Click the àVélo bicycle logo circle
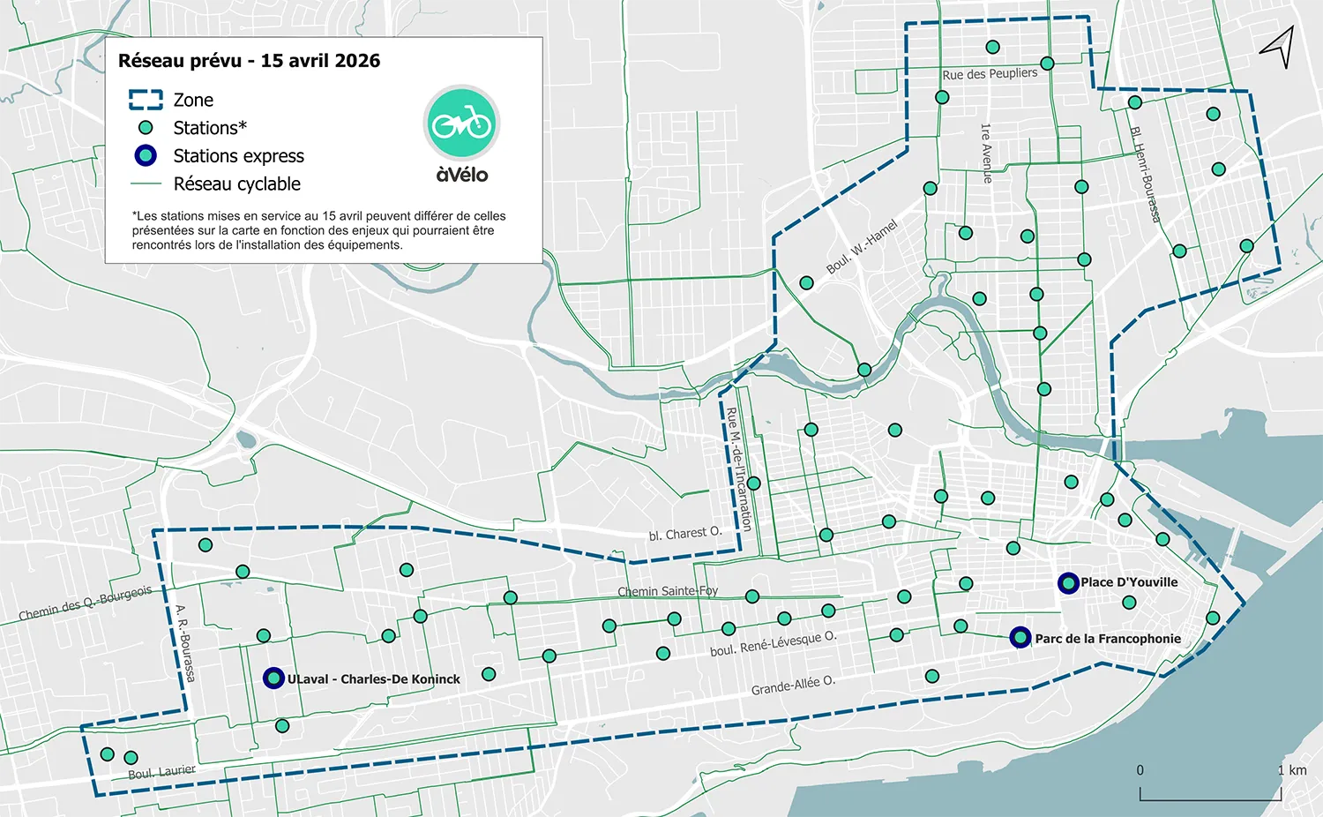(461, 124)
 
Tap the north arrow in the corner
(1279, 46)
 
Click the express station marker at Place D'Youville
(1068, 583)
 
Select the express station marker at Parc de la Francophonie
(1020, 637)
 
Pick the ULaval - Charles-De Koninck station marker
(273, 678)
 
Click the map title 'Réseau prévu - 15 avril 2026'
(250, 61)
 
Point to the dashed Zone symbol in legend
(146, 100)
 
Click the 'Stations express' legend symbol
(146, 156)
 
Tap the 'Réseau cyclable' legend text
(236, 184)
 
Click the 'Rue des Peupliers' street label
(990, 74)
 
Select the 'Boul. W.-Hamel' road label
(861, 247)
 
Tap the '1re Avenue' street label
(986, 153)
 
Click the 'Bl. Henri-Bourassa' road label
(1145, 174)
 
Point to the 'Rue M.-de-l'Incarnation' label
(738, 468)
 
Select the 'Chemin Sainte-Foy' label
(668, 591)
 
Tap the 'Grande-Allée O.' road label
(793, 686)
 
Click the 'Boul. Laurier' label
(161, 772)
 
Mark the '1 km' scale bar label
(1292, 770)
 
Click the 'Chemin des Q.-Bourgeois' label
(86, 603)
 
